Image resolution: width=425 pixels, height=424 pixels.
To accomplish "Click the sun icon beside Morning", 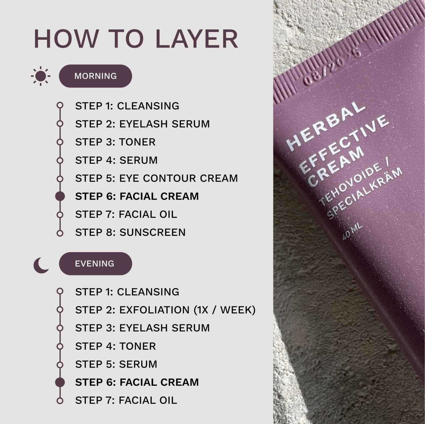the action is [40, 76].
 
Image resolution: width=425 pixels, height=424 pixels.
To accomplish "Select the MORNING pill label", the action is [95, 76].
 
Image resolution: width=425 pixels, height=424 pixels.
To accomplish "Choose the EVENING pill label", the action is [95, 264].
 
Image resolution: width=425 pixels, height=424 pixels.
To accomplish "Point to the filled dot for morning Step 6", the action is [60, 196].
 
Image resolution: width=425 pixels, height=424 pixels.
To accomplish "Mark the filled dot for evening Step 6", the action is [60, 382].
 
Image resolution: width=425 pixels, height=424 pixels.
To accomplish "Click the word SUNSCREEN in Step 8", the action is [153, 232].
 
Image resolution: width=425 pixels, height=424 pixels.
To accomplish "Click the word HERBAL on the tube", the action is [326, 125].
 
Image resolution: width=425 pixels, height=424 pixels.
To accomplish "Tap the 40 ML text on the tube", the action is [352, 232].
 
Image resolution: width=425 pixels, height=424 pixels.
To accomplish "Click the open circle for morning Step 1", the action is [60, 105].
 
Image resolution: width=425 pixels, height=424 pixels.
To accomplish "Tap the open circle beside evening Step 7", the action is [60, 401].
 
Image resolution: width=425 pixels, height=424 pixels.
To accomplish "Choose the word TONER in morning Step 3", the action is [138, 142].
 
